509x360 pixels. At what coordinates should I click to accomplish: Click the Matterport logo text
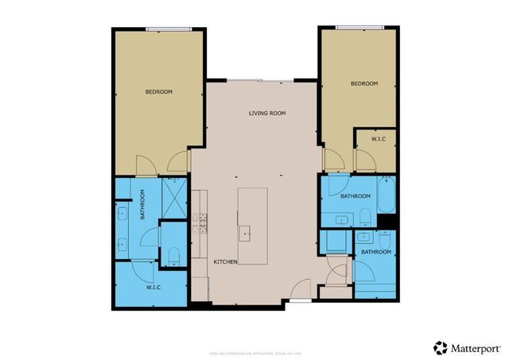[475, 347]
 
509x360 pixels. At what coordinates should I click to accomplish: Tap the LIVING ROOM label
[267, 114]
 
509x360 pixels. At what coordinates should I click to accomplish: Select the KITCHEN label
[225, 261]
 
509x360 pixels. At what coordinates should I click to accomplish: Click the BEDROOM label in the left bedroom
[158, 92]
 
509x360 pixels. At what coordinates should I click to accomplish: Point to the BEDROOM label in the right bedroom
[363, 83]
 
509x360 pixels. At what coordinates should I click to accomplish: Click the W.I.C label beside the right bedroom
[379, 140]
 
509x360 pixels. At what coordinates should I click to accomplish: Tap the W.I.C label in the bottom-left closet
[153, 288]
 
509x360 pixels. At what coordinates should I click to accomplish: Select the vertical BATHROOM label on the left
[142, 204]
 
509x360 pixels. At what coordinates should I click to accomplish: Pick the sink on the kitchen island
[245, 233]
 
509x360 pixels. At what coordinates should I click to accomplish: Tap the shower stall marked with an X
[173, 193]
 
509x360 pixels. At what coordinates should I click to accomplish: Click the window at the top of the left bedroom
[169, 29]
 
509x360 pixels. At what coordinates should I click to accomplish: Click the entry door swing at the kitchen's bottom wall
[301, 290]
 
